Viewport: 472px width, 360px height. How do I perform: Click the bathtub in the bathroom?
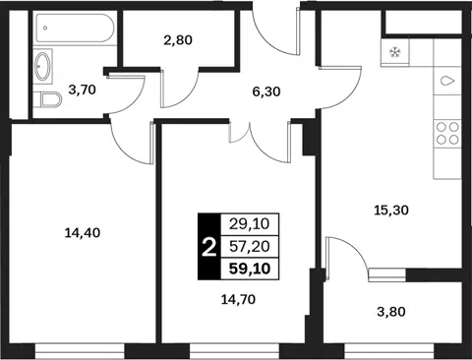[x=75, y=29]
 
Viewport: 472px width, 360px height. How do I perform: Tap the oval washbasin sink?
[x=43, y=66]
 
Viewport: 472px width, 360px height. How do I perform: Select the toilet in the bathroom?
[x=48, y=99]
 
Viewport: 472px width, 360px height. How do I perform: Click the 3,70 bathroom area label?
[x=82, y=90]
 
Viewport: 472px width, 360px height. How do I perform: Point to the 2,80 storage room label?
[x=178, y=40]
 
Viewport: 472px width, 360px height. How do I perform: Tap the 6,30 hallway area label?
[x=266, y=91]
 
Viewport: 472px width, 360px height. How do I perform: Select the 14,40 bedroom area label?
[x=83, y=233]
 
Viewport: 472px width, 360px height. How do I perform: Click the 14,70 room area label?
[x=238, y=299]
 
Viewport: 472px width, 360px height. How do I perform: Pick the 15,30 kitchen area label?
[x=391, y=210]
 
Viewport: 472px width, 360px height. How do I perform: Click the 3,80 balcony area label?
[x=391, y=312]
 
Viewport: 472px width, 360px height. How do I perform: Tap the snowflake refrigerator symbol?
[x=395, y=52]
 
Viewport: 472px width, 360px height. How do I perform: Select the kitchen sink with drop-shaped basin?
[x=447, y=81]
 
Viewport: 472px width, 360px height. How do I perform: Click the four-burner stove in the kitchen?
[x=447, y=133]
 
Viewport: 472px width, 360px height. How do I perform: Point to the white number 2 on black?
[x=209, y=248]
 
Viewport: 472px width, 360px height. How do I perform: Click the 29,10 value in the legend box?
[x=250, y=224]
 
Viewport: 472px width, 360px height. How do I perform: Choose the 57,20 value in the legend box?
[x=250, y=246]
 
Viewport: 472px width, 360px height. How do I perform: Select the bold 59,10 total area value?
[x=250, y=269]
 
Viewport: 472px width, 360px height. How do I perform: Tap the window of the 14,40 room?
[x=80, y=351]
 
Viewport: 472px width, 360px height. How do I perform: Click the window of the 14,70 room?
[x=234, y=351]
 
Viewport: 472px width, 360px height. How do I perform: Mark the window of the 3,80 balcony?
[x=389, y=351]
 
